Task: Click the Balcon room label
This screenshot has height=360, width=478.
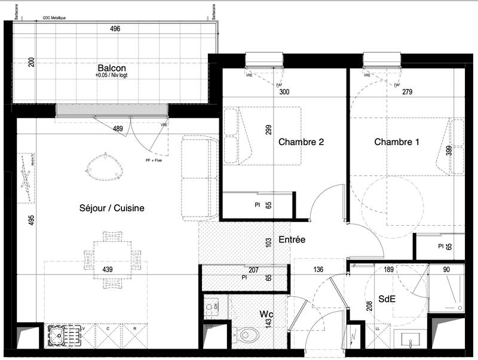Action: [x=112, y=67]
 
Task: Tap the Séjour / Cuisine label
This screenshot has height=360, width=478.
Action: [x=112, y=208]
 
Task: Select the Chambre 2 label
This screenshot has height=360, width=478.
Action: [x=301, y=142]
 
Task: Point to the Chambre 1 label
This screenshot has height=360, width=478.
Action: [x=393, y=142]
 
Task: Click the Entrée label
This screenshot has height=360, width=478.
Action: [x=292, y=239]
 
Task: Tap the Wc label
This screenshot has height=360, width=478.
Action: [x=266, y=313]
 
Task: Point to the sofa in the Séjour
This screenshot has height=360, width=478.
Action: [x=200, y=177]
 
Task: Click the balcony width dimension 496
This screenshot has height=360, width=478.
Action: [x=115, y=29]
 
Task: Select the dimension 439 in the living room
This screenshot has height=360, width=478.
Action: [x=108, y=270]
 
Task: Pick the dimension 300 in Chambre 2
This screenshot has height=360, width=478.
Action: [x=284, y=92]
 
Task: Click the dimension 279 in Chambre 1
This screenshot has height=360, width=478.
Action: [x=407, y=92]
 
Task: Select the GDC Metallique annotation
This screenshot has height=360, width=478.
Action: [x=54, y=18]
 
